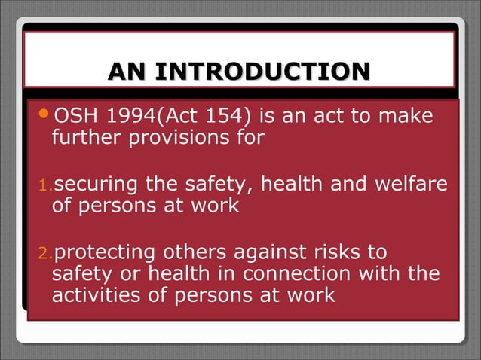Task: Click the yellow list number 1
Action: tap(44, 185)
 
